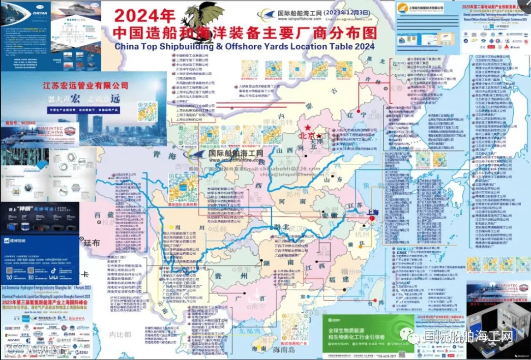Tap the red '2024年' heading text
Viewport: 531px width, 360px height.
tap(142, 15)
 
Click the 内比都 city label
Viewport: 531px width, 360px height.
tap(121, 334)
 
